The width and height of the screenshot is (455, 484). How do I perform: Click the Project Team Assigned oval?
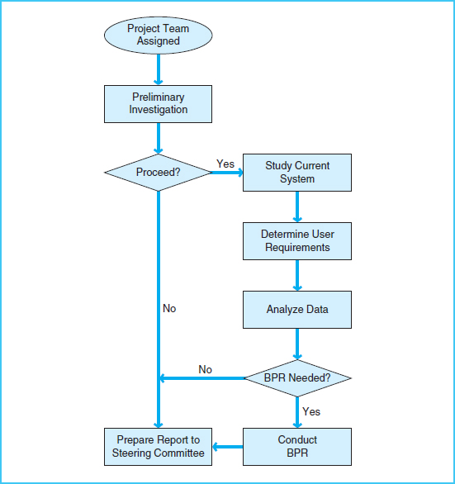pos(158,35)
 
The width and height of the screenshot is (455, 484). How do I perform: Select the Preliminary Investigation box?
pos(158,103)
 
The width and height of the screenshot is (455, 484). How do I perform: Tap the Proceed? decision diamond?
pos(158,173)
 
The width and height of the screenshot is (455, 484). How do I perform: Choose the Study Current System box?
pos(297,173)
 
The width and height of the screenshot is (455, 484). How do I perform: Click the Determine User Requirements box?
pos(297,241)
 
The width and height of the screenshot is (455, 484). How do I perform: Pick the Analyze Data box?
pos(297,310)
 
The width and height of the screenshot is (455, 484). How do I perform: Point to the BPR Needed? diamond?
pos(297,378)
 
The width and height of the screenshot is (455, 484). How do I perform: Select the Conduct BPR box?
pos(297,447)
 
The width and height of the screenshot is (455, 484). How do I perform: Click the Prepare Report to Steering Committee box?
pos(158,447)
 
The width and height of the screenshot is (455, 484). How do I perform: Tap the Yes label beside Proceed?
pos(225,164)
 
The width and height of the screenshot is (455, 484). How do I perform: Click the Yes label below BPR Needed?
pos(311,411)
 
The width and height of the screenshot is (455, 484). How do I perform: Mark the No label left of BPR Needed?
pos(206,369)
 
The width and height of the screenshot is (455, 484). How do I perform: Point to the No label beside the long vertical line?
pos(169,308)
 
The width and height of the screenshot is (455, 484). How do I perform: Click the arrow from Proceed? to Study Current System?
pos(227,173)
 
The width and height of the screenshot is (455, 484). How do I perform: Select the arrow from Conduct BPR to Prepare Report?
pos(227,447)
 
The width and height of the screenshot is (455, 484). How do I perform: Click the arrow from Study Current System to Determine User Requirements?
pos(297,206)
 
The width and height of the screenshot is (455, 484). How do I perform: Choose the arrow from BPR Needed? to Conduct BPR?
pos(297,412)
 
